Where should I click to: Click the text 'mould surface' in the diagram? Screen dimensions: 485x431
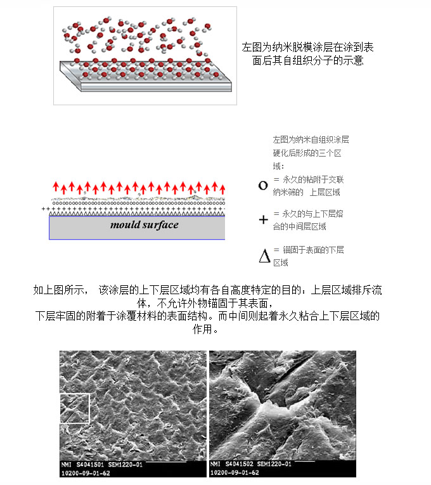(145, 225)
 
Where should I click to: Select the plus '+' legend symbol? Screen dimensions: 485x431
(264, 220)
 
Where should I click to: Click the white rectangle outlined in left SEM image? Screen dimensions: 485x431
(75, 408)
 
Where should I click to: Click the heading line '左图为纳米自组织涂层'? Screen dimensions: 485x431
(311, 139)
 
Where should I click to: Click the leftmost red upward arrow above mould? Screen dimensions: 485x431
(55, 186)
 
